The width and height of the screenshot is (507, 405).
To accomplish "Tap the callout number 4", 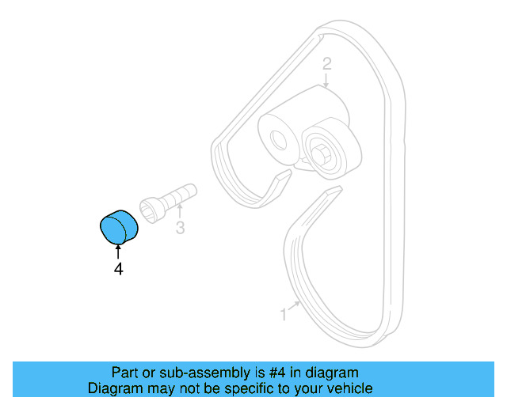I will [x=118, y=269].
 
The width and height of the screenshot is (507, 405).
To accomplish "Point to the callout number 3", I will [x=181, y=229].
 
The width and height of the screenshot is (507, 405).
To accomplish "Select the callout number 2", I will [x=326, y=64].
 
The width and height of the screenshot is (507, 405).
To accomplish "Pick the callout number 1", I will [x=283, y=314].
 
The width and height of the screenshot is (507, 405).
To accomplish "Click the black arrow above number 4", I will [x=118, y=252].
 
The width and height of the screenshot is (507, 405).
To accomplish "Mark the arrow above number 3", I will [x=181, y=211].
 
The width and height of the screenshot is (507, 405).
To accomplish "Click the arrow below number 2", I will [x=326, y=80].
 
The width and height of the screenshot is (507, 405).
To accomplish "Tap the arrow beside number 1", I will [x=295, y=305].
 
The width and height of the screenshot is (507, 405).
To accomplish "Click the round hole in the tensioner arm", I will [x=278, y=140].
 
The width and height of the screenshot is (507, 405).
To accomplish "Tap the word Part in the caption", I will [x=125, y=373].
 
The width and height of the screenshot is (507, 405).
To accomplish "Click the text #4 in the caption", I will [x=276, y=373].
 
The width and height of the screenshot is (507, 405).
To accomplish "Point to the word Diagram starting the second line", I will [x=114, y=389].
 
